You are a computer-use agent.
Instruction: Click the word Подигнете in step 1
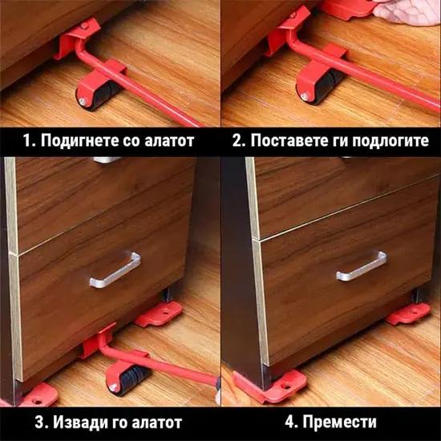79,140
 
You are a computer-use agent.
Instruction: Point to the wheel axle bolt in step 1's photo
82,100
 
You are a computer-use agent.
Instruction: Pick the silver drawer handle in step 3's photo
115,269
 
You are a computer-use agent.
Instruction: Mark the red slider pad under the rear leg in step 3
159,314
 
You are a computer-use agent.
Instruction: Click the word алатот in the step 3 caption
157,423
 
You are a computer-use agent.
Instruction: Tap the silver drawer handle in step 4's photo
361,266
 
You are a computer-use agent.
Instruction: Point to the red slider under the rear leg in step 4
408,314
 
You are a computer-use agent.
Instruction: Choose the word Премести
339,422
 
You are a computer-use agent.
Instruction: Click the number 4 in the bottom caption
289,422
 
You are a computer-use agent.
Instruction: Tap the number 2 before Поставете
237,140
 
